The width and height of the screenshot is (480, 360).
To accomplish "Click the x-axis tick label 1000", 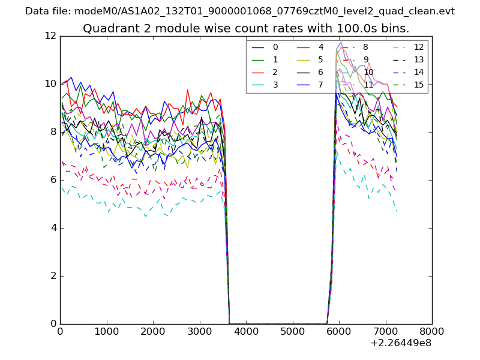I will click(106, 331).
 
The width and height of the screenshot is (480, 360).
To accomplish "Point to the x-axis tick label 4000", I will click(246, 331).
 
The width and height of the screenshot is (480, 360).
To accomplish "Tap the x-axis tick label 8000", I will click(432, 331).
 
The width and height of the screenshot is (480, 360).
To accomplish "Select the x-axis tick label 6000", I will click(339, 331).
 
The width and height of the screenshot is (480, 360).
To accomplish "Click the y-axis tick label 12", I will click(50, 36).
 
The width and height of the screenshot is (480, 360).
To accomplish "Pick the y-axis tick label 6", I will click(53, 180).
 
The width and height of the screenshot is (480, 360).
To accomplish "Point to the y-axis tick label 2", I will click(53, 276).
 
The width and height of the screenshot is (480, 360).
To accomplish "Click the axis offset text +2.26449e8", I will click(401, 343).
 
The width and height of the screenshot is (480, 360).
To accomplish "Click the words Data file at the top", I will click(49, 11).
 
